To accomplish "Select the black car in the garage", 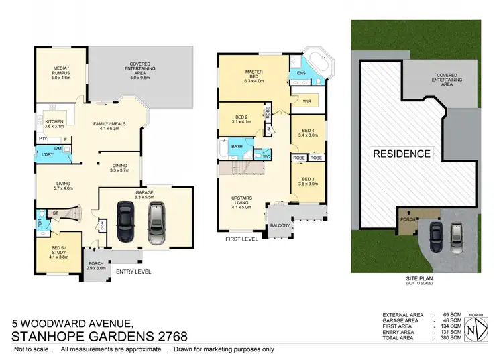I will [x=125, y=221].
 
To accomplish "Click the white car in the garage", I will [x=157, y=223].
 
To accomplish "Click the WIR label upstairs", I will [x=307, y=101].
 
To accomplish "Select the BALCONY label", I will [x=281, y=226].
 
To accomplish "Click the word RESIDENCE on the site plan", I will [x=402, y=154].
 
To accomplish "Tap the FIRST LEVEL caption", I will [x=241, y=238].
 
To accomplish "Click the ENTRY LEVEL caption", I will [x=133, y=272].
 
